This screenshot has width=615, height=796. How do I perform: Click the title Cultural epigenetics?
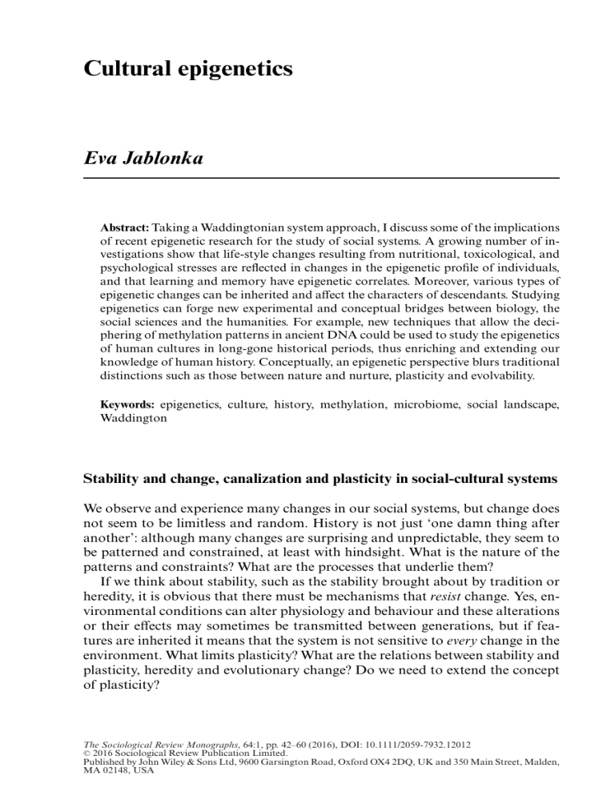[187, 69]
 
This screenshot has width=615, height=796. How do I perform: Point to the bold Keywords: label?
[126, 408]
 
